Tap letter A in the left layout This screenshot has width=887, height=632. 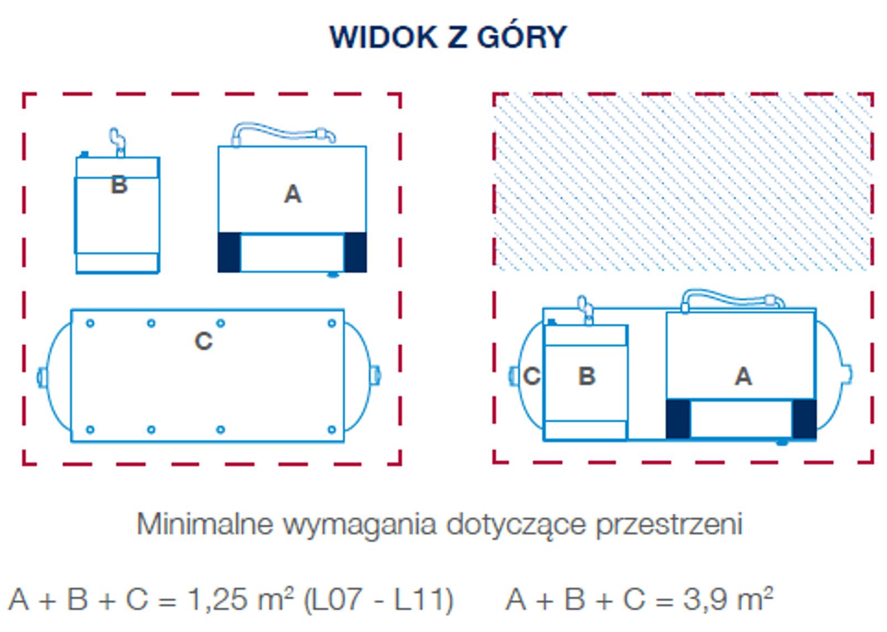[293, 194]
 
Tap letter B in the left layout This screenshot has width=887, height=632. [119, 185]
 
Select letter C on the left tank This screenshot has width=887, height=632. [203, 341]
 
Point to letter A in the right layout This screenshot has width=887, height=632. [743, 376]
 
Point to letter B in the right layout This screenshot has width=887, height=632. [587, 376]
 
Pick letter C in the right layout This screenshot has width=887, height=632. [532, 376]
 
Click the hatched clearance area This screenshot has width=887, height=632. [683, 182]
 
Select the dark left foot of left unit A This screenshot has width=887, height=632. [229, 252]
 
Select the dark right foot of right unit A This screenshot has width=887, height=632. [804, 419]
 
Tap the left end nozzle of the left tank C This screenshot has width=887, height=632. [42, 377]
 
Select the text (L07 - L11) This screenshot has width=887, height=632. [378, 600]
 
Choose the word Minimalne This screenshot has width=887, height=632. [205, 524]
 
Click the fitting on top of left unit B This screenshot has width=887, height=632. [118, 142]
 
